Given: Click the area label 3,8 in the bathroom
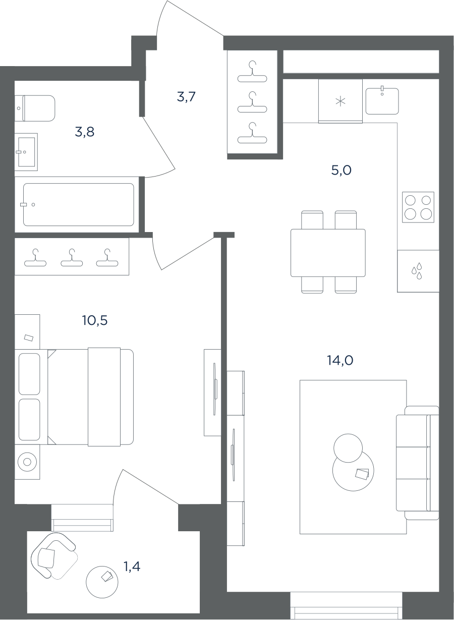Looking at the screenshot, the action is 84,132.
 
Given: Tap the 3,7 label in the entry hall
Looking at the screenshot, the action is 186,97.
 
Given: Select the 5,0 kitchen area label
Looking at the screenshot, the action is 342,170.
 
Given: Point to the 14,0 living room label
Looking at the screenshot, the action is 340,360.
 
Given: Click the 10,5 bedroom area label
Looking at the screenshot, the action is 95,320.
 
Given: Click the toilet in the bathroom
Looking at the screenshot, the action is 35,108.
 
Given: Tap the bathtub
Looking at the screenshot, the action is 79,204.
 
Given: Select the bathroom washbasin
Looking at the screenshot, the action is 26,152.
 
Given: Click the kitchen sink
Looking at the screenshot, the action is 382,101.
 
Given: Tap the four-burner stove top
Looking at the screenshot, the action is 418,207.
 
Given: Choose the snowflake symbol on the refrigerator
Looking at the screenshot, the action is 340,101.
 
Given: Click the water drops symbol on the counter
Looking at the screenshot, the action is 417,271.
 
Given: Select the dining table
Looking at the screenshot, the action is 328,253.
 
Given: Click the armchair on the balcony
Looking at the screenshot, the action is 54,556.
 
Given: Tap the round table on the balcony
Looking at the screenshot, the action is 102,582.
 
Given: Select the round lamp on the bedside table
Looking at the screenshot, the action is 27,462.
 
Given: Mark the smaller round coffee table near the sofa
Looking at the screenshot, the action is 348,448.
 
